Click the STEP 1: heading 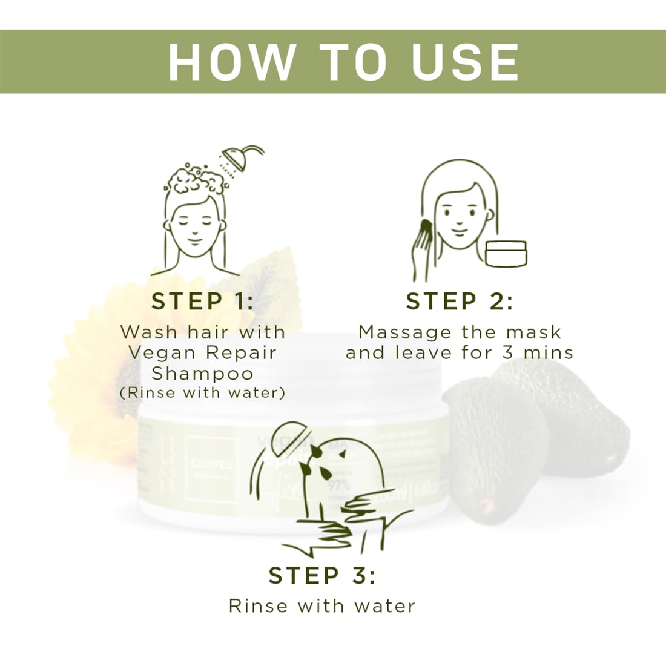point(203,302)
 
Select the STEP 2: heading point(460,302)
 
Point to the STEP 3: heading point(322,576)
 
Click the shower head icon point(236,158)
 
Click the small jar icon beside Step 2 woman point(506,253)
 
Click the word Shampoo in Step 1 point(202,373)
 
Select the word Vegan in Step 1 point(162,352)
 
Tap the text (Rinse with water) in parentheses point(202,392)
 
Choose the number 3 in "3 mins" point(508,352)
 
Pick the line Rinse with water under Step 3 point(322,605)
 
